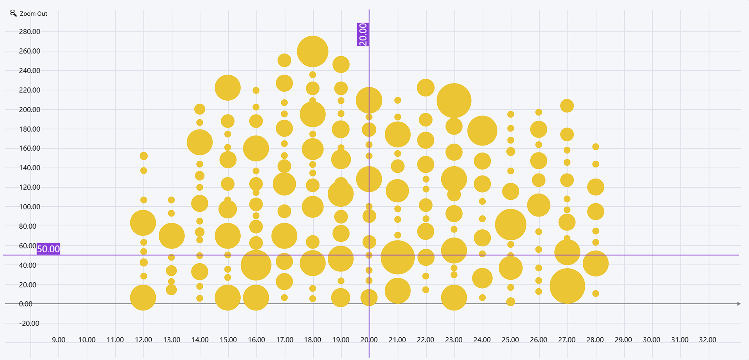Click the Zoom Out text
click(34, 14)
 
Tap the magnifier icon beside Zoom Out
click(13, 13)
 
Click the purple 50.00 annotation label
click(48, 249)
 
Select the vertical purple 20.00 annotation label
click(363, 34)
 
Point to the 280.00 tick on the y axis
click(30, 32)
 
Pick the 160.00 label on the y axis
click(30, 148)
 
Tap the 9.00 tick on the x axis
click(59, 340)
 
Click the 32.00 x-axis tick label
click(708, 340)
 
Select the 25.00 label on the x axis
click(510, 340)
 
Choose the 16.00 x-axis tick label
click(256, 340)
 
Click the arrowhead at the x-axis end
click(739, 303)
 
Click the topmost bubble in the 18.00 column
click(312, 51)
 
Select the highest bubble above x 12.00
click(144, 156)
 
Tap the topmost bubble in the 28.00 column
click(596, 147)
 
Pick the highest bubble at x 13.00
click(171, 200)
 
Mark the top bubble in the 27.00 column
click(567, 106)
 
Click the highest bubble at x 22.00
click(426, 87)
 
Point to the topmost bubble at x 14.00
click(200, 109)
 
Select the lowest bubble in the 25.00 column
click(511, 301)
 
